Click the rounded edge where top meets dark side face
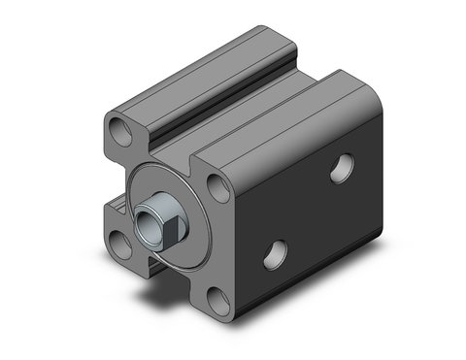click(x=311, y=136)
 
